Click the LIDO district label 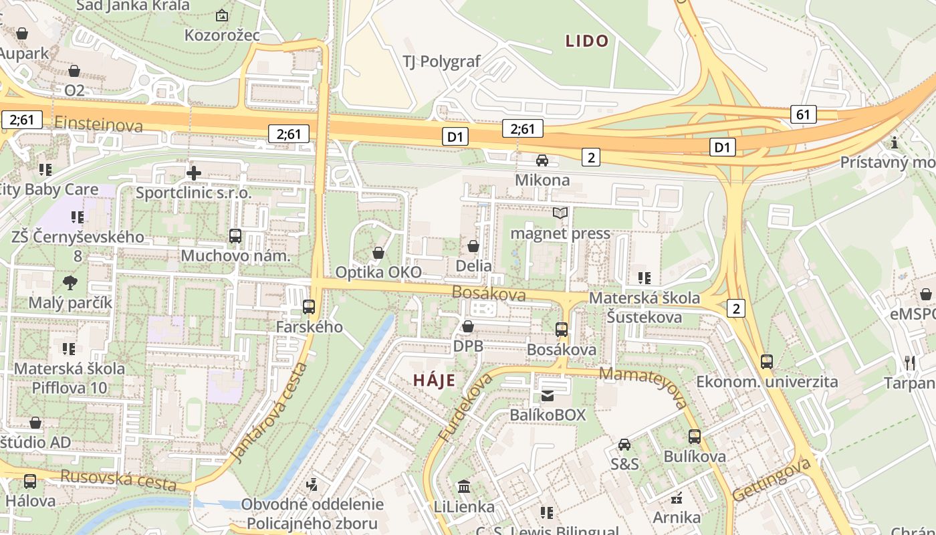pyautogui.click(x=587, y=41)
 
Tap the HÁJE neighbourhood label pyautogui.click(x=434, y=381)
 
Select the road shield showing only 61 pyautogui.click(x=803, y=114)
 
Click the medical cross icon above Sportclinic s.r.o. pyautogui.click(x=194, y=173)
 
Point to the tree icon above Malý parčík pyautogui.click(x=70, y=283)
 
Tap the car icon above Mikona pyautogui.click(x=542, y=160)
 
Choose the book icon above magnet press pyautogui.click(x=560, y=213)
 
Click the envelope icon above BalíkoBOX pyautogui.click(x=548, y=396)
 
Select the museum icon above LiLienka pyautogui.click(x=463, y=487)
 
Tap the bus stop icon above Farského pyautogui.click(x=309, y=307)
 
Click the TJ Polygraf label pyautogui.click(x=441, y=62)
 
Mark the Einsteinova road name pyautogui.click(x=99, y=124)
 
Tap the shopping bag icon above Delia pyautogui.click(x=473, y=246)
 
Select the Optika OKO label pyautogui.click(x=378, y=272)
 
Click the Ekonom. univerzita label pyautogui.click(x=767, y=382)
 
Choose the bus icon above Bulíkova pyautogui.click(x=695, y=437)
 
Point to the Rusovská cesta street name pyautogui.click(x=118, y=479)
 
